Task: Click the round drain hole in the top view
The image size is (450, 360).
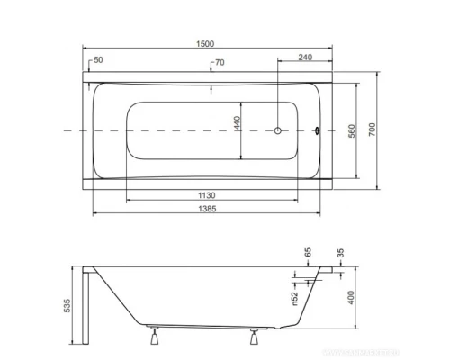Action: pos(280,131)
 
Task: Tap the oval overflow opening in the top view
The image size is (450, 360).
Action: pos(316,131)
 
